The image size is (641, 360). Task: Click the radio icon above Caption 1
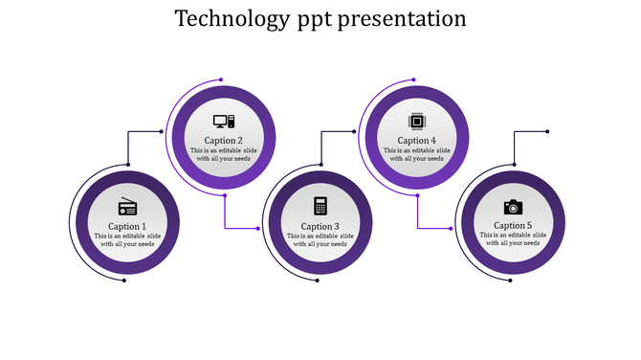[x=127, y=207]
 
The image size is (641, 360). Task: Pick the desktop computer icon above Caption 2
[x=224, y=122]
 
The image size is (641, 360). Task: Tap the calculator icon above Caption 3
[x=320, y=207]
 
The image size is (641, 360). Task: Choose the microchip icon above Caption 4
[x=416, y=122]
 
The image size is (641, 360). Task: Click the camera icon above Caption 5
[x=513, y=207]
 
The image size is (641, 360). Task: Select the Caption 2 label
[x=224, y=141]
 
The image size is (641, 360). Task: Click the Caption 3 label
[x=320, y=226]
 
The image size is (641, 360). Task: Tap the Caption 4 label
[x=416, y=141]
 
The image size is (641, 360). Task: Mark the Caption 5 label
[x=513, y=226]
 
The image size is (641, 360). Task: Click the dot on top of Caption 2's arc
[x=221, y=79]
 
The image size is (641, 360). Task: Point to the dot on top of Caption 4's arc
[x=414, y=79]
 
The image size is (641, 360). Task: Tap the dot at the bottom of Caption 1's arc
[x=124, y=281]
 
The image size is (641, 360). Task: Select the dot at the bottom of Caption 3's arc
[x=318, y=281]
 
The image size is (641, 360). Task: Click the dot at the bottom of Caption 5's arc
[x=510, y=281]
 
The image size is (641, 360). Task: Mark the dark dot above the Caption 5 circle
[x=546, y=132]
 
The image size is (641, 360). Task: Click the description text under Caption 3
[x=320, y=239]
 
